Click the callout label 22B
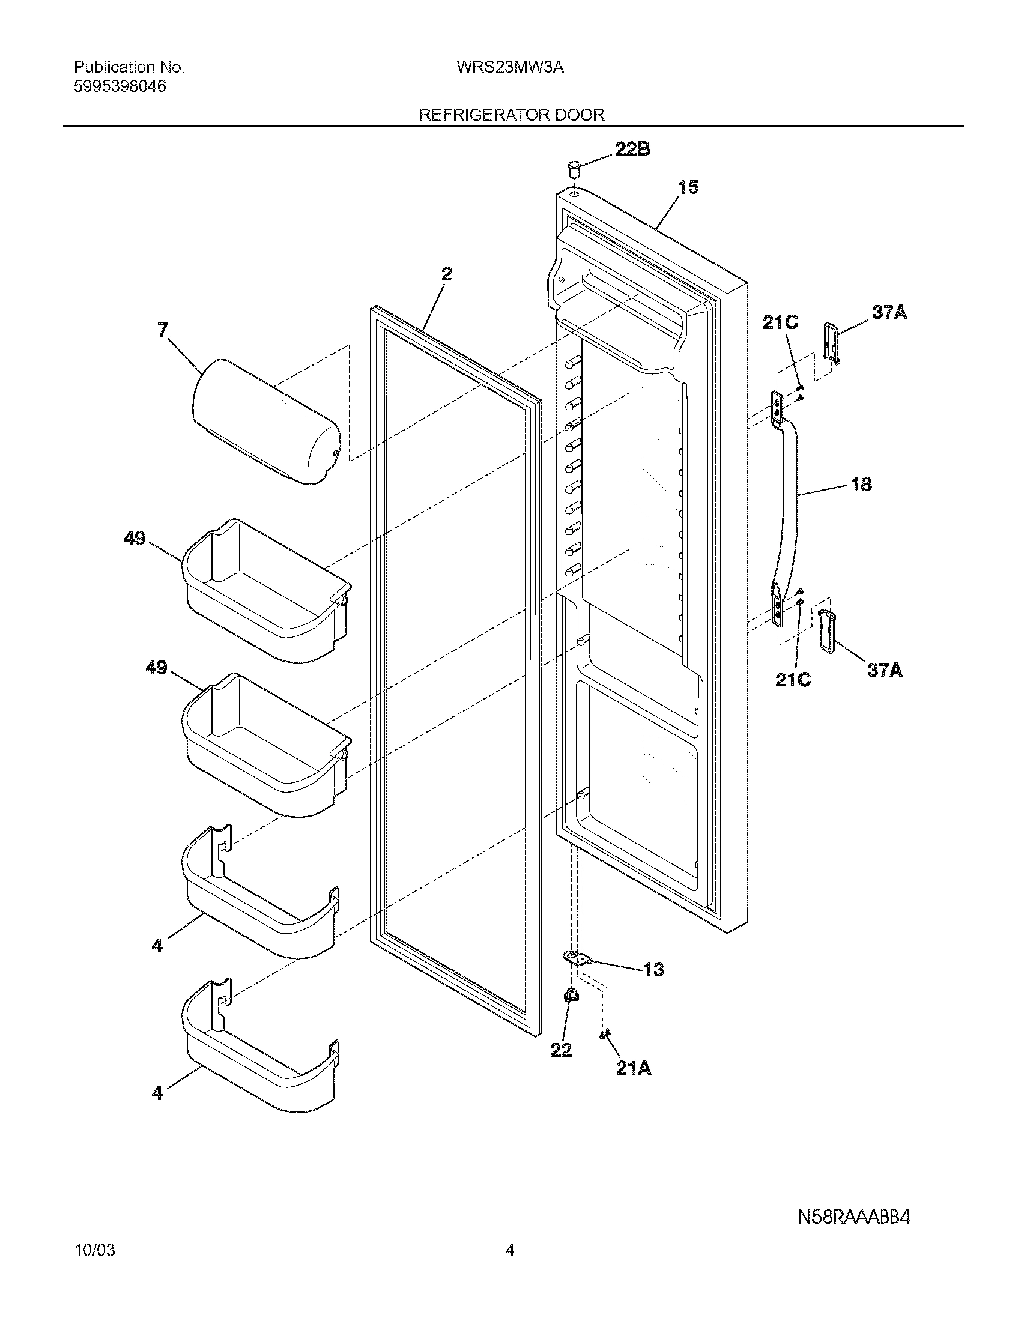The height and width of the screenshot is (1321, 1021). pos(632,149)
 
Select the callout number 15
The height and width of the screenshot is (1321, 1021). pos(688,187)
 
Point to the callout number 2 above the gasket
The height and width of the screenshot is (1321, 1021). pos(446,274)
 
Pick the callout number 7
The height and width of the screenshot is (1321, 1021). pos(163,330)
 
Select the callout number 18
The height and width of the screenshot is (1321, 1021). pos(861,484)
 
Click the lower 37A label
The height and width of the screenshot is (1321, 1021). pos(885,670)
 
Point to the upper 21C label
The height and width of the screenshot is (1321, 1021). pos(780,322)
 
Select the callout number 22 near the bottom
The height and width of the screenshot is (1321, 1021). pos(561,1050)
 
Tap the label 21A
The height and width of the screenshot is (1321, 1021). pos(633,1069)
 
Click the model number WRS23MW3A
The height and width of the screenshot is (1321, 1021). pos(510,67)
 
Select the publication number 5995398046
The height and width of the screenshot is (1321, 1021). pos(120,86)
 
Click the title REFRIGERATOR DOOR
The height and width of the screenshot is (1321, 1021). pos(512,114)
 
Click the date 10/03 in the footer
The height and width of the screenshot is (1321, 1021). pos(94,1279)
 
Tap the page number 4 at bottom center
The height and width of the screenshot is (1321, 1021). pos(510,1279)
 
